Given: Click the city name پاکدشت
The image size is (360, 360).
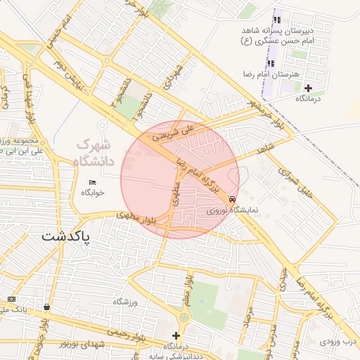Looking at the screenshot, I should tap(67, 236).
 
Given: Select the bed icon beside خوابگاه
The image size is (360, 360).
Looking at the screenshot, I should tap(93, 183).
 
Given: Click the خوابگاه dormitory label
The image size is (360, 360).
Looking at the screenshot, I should tap(93, 192).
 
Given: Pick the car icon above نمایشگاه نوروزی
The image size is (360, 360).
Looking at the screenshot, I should tap(233, 199).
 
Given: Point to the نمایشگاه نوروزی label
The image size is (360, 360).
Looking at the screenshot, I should tap(233, 210).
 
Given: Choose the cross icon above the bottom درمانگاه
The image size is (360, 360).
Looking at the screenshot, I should tap(175, 335).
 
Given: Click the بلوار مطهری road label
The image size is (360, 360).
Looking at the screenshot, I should tap(145, 219).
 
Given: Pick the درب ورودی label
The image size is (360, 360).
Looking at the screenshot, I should tap(340, 341).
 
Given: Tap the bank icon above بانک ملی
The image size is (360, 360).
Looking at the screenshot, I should tap(10, 300).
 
